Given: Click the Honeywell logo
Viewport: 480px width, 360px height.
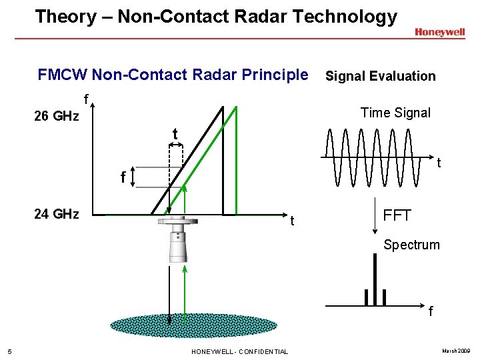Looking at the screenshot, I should (439, 32).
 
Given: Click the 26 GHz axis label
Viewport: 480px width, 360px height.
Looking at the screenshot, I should (57, 117).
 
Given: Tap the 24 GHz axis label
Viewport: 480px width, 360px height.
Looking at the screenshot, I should (57, 214).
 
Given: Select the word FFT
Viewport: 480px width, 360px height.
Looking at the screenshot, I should (397, 215).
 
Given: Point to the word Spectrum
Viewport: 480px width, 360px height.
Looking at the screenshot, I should (411, 245).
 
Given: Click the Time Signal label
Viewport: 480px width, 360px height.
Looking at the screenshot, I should (395, 113).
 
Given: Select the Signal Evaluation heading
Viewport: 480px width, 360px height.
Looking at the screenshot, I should (380, 76).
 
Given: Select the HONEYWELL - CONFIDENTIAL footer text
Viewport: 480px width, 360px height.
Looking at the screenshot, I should (240, 351).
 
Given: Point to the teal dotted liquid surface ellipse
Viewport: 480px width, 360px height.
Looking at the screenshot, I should (193, 325).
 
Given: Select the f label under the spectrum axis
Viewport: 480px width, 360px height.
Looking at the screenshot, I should (431, 311).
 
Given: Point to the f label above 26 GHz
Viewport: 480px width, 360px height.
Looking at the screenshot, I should (86, 100).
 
